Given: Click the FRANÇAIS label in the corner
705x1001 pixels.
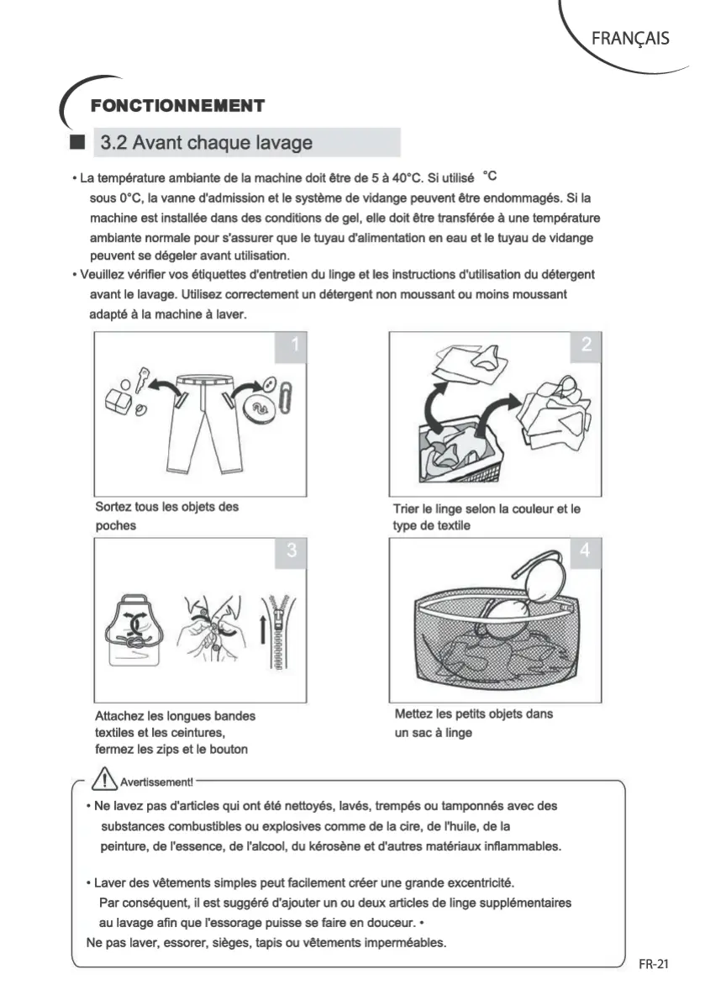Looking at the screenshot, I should (630, 38).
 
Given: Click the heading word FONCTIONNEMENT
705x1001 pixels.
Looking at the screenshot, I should (177, 106).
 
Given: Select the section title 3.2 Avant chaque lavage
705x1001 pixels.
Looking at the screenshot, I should (206, 142).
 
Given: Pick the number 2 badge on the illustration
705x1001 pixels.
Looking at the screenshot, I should (586, 344).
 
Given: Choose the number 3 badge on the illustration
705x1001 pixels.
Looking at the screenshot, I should (292, 551).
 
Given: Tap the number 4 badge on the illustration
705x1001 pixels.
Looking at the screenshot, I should (586, 551).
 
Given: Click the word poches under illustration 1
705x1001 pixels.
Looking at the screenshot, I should (115, 525).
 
